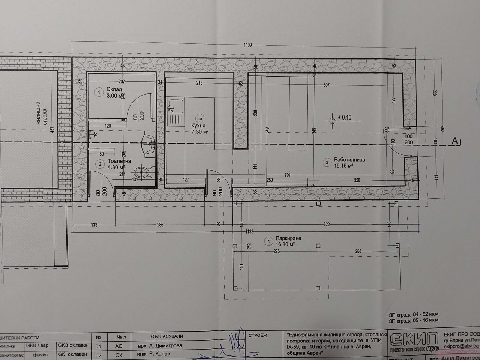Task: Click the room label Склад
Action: click(114, 90)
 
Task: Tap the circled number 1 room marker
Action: click(99, 92)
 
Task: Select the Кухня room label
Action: click(199, 126)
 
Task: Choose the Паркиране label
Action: click(288, 238)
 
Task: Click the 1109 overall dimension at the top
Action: click(247, 45)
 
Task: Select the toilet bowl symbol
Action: click(141, 172)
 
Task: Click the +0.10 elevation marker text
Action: click(344, 117)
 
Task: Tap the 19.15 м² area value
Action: click(343, 165)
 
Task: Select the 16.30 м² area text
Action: click(285, 244)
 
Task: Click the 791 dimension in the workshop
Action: click(288, 174)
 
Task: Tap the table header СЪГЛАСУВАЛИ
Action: click(167, 337)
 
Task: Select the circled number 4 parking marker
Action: click(268, 241)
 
